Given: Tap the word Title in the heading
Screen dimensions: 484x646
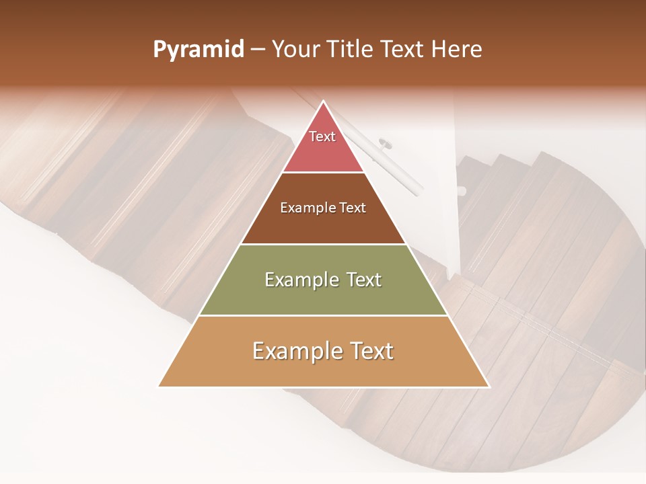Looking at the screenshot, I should coord(351,50).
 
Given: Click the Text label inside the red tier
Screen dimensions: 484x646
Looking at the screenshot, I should coord(322,136).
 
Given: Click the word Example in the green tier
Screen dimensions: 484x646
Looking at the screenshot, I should coord(301,280).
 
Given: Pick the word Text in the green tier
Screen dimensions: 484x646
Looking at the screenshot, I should coord(364,280).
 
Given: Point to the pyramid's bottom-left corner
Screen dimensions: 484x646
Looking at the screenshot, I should coord(159,386).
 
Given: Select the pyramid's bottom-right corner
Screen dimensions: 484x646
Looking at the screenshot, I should coord(488,386).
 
